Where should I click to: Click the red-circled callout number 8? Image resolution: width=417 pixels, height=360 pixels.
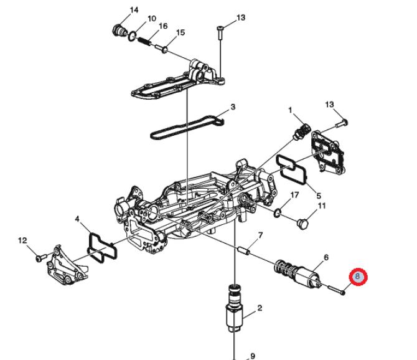pyautogui.click(x=358, y=277)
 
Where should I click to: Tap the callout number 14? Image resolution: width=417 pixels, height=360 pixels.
pyautogui.click(x=134, y=10)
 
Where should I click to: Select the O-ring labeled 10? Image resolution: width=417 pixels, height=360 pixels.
pyautogui.click(x=132, y=37)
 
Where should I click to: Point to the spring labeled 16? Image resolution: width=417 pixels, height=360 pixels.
pyautogui.click(x=144, y=41)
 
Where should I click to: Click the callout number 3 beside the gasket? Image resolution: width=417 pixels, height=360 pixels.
pyautogui.click(x=233, y=107)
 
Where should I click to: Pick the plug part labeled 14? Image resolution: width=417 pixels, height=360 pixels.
pyautogui.click(x=119, y=30)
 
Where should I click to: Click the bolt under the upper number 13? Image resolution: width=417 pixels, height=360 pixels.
pyautogui.click(x=220, y=33)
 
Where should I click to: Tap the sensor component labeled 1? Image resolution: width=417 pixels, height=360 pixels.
pyautogui.click(x=301, y=131)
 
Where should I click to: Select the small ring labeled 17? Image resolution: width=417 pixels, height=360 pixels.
pyautogui.click(x=278, y=212)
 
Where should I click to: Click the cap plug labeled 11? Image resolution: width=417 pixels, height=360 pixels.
pyautogui.click(x=302, y=224)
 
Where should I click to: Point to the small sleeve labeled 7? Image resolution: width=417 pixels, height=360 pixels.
pyautogui.click(x=243, y=250)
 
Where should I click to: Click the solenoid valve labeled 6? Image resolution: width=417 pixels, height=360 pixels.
pyautogui.click(x=298, y=274)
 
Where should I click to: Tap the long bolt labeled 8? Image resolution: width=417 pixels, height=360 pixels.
pyautogui.click(x=337, y=290)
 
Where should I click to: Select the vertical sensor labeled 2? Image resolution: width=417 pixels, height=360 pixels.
pyautogui.click(x=234, y=308)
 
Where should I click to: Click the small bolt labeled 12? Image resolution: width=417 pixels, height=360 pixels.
pyautogui.click(x=41, y=258)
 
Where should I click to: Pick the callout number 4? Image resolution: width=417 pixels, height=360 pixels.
pyautogui.click(x=77, y=219)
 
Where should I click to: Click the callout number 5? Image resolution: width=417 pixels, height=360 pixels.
pyautogui.click(x=319, y=196)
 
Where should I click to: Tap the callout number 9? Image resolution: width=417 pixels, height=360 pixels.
pyautogui.click(x=253, y=356)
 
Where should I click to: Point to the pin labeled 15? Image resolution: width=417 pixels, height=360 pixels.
pyautogui.click(x=161, y=48)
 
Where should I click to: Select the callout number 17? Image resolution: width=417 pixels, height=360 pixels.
pyautogui.click(x=294, y=195)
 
